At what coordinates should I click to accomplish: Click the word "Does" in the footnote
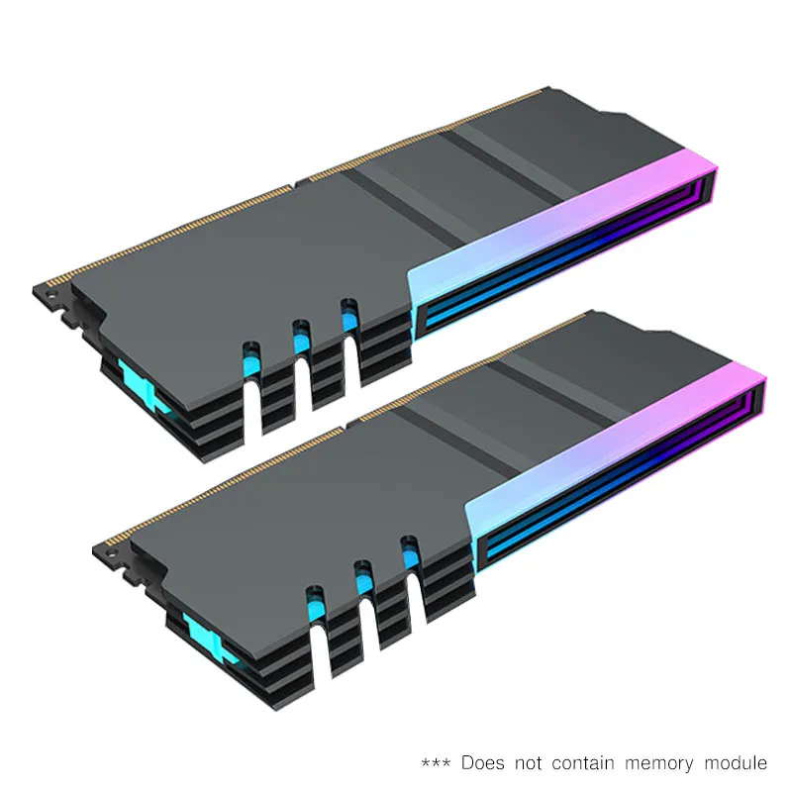pos(482,763)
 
